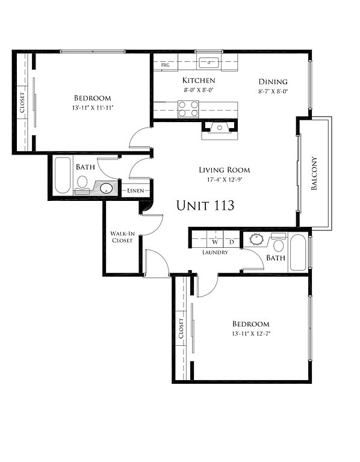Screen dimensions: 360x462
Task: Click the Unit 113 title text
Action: point(205,205)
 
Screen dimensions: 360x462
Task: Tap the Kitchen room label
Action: point(199,80)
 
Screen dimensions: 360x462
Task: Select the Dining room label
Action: point(273,82)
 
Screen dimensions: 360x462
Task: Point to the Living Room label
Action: point(225,170)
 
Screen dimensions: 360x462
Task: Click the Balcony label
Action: point(314,173)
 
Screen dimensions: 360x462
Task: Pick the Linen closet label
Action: point(135,191)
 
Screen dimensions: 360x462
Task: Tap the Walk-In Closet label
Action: point(122,237)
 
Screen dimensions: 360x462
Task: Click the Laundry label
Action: point(216,252)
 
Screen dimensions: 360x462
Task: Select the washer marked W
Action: point(216,239)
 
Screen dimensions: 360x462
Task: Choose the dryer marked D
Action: point(232,239)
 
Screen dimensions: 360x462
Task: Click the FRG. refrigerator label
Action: point(166,65)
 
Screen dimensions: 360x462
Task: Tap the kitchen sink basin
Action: point(209,63)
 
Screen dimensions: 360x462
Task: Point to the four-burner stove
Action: point(188,109)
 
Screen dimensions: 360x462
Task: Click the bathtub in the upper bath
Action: point(63,175)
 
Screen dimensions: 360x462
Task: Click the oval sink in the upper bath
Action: point(106,188)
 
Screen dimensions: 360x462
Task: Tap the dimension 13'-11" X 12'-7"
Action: point(251,333)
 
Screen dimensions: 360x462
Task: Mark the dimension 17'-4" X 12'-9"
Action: point(225,179)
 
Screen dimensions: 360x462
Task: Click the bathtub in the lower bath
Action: point(298,252)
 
